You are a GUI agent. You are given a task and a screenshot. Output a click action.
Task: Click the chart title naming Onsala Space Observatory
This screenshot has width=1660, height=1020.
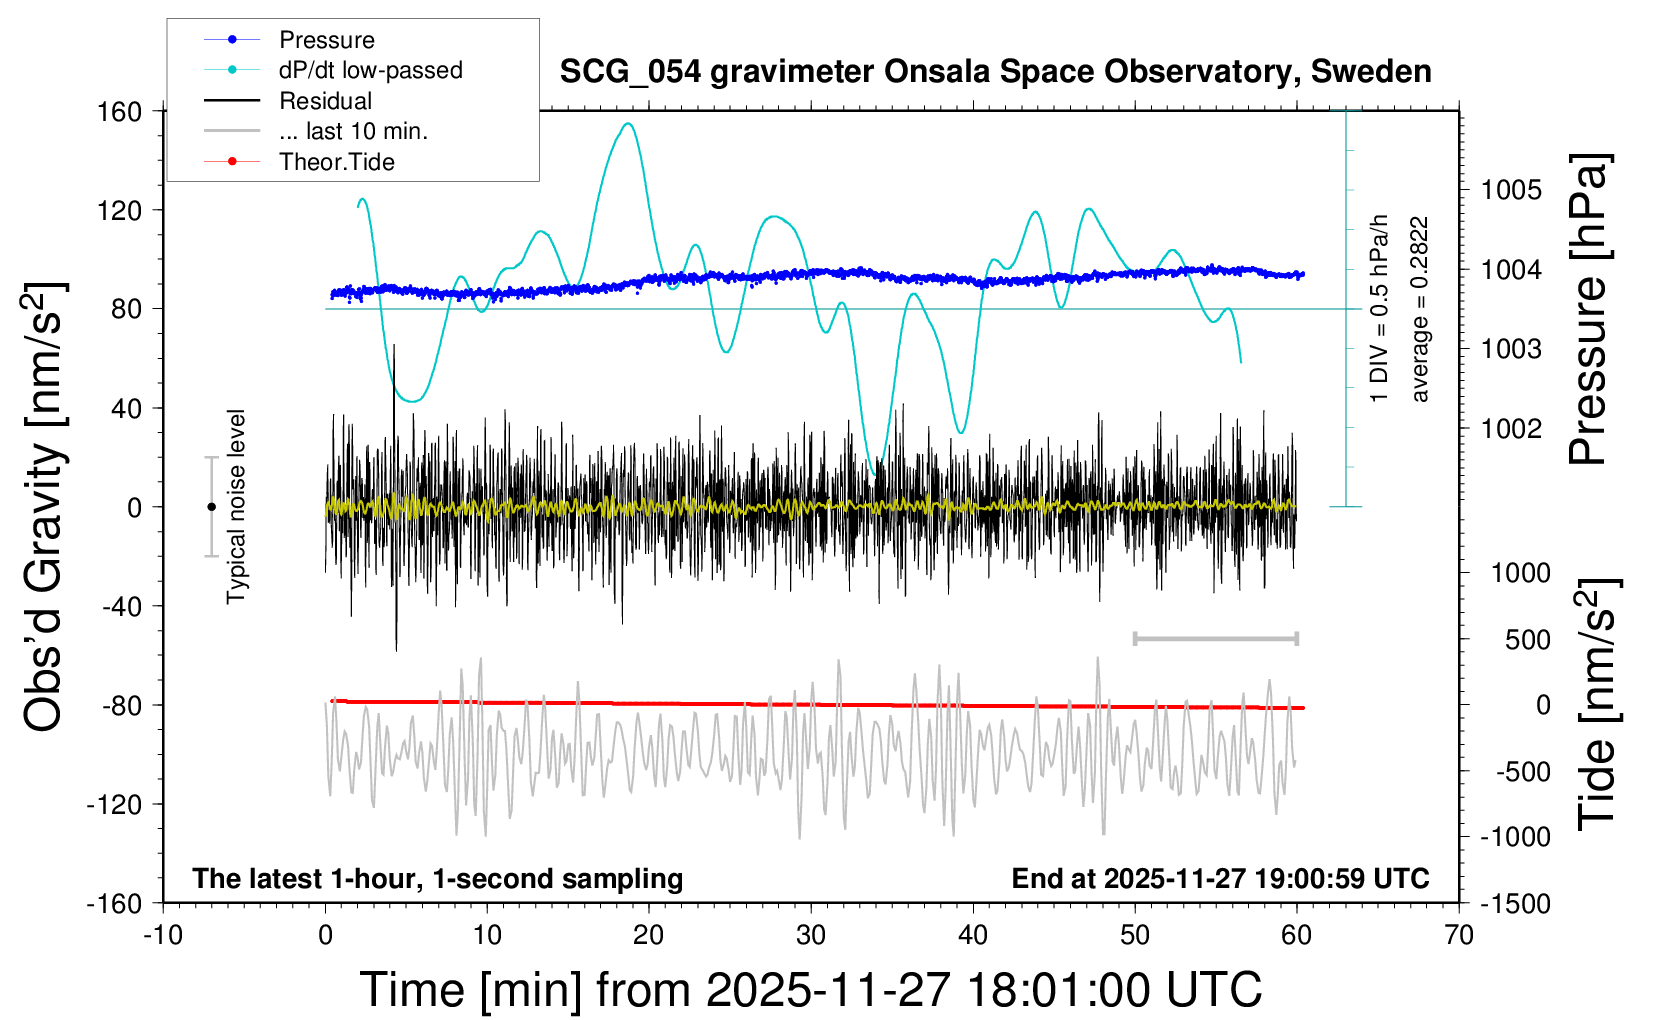(x=995, y=72)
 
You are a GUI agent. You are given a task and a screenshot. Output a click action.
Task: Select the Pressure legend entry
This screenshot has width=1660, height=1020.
(x=326, y=40)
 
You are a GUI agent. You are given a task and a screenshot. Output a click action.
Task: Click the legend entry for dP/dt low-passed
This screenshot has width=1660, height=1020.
(x=370, y=70)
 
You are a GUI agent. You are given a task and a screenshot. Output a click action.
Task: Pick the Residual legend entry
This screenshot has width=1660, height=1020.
(x=325, y=101)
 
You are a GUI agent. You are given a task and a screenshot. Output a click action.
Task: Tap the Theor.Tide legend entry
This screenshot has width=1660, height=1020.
(x=336, y=162)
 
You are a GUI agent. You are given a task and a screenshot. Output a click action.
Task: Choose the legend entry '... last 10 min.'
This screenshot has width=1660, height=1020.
(x=353, y=131)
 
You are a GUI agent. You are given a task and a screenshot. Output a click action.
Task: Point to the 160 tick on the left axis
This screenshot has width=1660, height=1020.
(x=120, y=111)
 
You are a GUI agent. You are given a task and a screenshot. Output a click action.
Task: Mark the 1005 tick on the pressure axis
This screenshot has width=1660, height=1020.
(x=1511, y=190)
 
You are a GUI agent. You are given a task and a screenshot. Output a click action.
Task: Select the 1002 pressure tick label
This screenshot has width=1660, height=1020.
(x=1511, y=429)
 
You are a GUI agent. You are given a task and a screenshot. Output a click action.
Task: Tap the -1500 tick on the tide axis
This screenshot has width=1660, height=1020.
(x=1515, y=903)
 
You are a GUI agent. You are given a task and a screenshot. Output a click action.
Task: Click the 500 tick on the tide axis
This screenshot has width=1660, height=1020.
(x=1527, y=639)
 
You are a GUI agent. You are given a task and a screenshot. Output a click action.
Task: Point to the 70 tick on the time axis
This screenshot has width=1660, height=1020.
(x=1459, y=936)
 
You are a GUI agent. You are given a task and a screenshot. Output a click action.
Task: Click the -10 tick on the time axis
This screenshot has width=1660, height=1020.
(x=162, y=936)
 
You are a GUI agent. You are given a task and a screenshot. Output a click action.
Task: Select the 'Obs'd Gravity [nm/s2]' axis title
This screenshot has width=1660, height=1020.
(x=44, y=507)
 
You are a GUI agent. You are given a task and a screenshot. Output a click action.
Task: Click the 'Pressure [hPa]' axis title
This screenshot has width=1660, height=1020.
(x=1588, y=310)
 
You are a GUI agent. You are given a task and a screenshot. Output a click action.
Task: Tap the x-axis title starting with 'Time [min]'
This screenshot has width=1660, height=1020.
(x=810, y=990)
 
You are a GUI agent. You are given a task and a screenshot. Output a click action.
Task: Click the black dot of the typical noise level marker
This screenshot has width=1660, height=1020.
(x=211, y=507)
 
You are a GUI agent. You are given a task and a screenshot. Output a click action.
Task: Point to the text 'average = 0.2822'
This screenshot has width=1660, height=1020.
(x=1419, y=310)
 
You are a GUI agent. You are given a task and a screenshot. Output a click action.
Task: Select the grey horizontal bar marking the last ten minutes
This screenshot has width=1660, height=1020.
(x=1215, y=638)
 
